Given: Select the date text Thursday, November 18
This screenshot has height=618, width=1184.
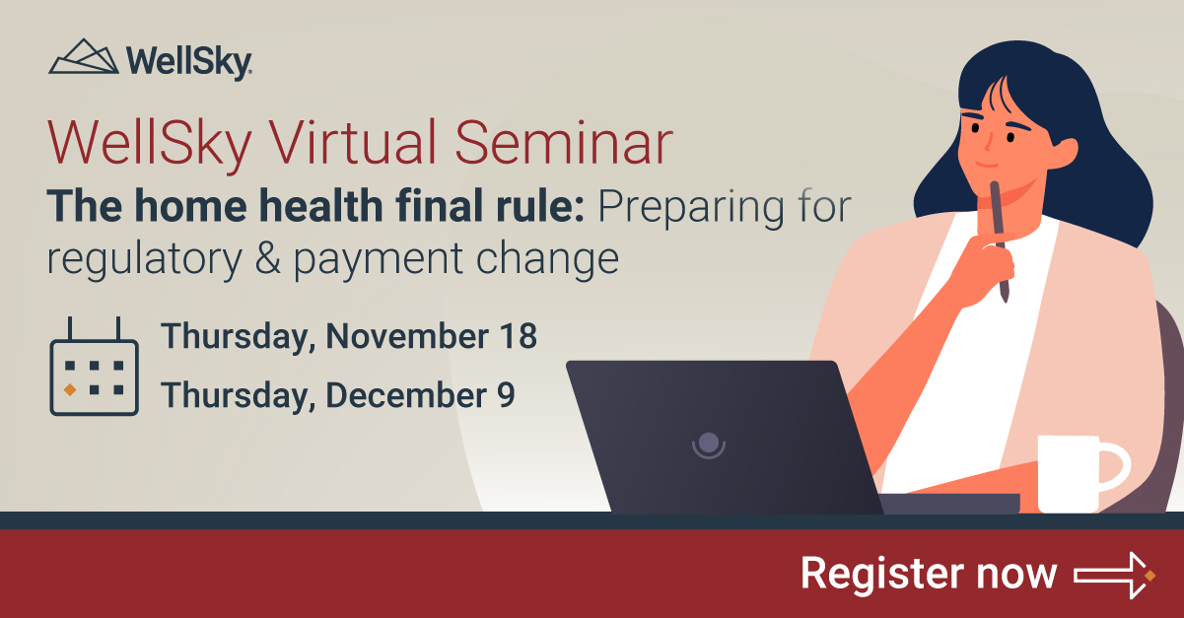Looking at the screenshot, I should [350, 336].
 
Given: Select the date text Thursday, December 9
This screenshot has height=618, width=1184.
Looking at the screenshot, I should [338, 394].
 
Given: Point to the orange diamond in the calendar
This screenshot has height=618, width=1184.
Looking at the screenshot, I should [70, 390].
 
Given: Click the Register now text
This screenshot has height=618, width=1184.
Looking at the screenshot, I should [928, 574].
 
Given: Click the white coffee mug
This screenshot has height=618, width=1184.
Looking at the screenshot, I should [1070, 473].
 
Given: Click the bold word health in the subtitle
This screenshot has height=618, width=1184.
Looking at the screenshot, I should [313, 210].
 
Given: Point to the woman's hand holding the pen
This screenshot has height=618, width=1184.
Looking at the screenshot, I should [986, 266].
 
